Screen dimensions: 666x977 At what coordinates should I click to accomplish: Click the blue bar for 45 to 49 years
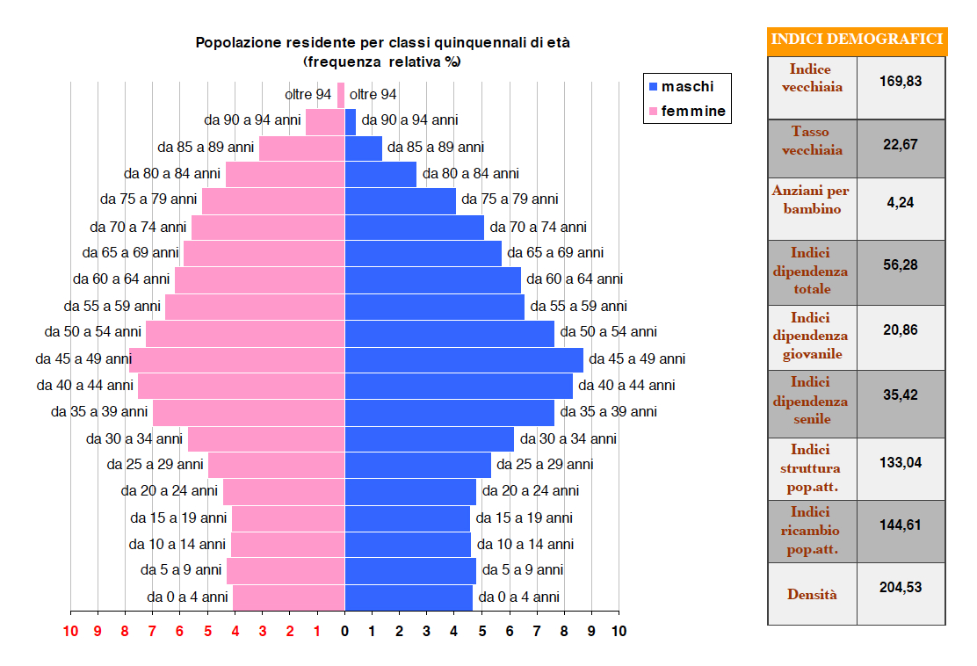[x=463, y=359]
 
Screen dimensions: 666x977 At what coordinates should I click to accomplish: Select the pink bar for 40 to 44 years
[x=241, y=386]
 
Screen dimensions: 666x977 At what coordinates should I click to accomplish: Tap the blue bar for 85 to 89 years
[x=363, y=148]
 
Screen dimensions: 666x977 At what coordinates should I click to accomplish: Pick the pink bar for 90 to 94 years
[x=324, y=121]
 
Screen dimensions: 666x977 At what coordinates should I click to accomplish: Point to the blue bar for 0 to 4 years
[x=408, y=597]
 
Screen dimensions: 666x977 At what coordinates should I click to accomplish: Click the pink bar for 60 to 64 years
[x=259, y=279]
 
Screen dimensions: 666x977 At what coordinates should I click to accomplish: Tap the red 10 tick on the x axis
[x=70, y=631]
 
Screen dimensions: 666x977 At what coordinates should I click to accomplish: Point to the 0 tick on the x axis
[x=344, y=631]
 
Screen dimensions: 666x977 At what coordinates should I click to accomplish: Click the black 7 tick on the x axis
[x=536, y=631]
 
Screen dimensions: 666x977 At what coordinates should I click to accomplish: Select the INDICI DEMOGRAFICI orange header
[x=857, y=40]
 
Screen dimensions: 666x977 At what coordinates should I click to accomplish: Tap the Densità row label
[x=812, y=594]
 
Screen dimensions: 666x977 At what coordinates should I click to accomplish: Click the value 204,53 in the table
[x=901, y=587]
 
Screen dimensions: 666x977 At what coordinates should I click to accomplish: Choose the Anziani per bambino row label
[x=812, y=199]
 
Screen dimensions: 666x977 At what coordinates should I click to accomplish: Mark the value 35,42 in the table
[x=901, y=395]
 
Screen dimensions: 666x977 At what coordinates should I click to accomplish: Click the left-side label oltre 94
[x=308, y=95]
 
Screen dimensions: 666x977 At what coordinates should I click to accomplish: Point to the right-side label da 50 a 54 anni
[x=608, y=332]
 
